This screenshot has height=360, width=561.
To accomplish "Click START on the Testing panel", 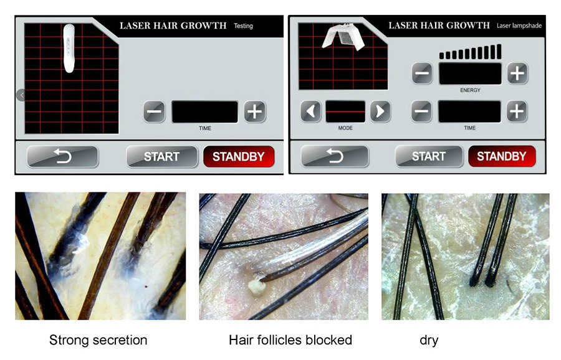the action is tap(161, 156).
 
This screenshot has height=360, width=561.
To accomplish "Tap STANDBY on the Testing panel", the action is tap(239, 156).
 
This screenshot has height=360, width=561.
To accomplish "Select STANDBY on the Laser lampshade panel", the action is tap(502, 156).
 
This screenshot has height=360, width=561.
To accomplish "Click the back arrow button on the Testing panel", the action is tap(62, 156).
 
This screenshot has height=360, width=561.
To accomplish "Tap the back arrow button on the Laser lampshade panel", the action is tap(335, 156).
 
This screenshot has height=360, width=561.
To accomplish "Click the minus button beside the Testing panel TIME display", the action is tap(154, 111).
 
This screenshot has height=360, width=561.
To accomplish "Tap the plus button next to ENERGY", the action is tap(517, 73).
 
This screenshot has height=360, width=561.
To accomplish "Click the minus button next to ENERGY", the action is tap(422, 73).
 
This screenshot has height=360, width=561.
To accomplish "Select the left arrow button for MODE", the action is tap(311, 111).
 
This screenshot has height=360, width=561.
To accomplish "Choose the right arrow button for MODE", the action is tap(380, 111).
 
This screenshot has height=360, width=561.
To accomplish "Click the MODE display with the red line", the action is tap(345, 111).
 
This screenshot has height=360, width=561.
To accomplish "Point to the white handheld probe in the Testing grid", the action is tap(69, 48).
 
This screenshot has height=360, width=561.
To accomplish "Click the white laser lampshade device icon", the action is tap(343, 36).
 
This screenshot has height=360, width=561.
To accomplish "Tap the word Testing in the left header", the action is tap(243, 26).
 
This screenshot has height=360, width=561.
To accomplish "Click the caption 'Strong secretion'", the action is tap(98, 340).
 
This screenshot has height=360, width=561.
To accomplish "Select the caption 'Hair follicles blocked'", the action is tap(290, 340).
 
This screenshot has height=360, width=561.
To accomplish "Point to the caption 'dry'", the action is tap(429, 340).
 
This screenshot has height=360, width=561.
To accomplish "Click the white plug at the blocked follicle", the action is tap(257, 286).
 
